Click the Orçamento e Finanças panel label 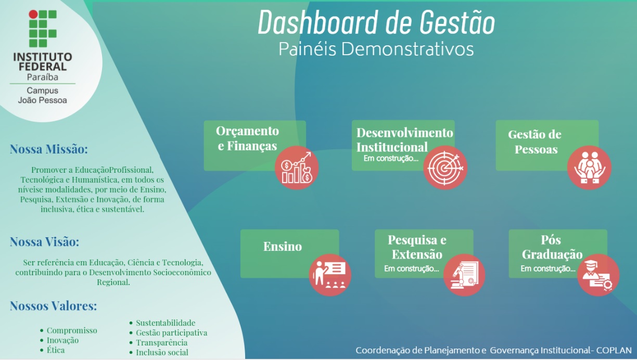click(x=248, y=138)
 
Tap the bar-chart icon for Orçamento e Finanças click(x=297, y=168)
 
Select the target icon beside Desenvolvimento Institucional click(x=445, y=167)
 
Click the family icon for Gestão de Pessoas click(x=589, y=167)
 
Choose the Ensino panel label click(x=283, y=247)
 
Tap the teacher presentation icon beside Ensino click(x=330, y=275)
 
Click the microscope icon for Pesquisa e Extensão click(x=464, y=275)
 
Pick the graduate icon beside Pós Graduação click(x=598, y=275)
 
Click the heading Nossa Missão click(x=49, y=150)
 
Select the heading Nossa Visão click(x=45, y=242)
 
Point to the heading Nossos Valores click(x=53, y=306)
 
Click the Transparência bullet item click(x=161, y=343)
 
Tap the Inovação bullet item click(x=62, y=340)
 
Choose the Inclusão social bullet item click(x=162, y=353)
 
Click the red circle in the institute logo click(x=33, y=14)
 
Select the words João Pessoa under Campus click(x=42, y=100)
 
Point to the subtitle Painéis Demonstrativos click(x=376, y=49)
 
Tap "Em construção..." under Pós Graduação click(x=548, y=269)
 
